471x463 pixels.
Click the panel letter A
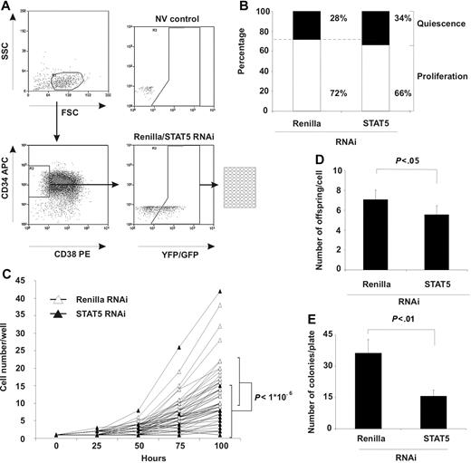click(7, 7)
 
